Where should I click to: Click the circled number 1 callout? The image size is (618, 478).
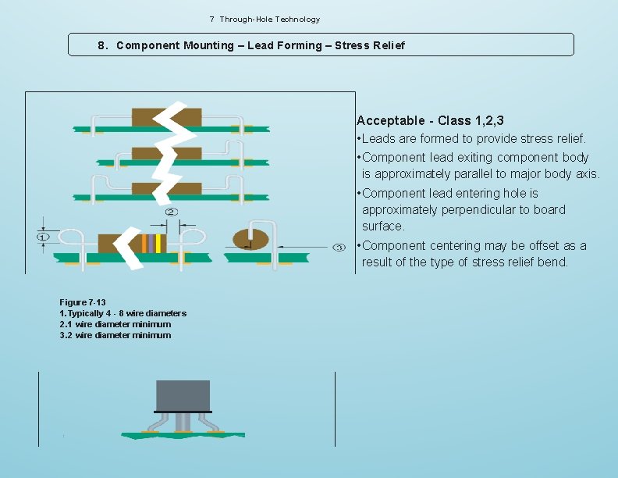click(x=43, y=236)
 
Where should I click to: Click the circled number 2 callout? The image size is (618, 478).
click(x=170, y=212)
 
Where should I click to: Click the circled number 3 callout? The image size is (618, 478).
click(x=339, y=248)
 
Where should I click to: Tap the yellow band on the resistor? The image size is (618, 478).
click(x=158, y=244)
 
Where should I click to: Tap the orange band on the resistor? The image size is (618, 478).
click(x=144, y=244)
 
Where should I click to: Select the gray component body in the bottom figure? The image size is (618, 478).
click(x=183, y=394)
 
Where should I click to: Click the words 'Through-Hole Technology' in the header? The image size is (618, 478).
click(x=269, y=19)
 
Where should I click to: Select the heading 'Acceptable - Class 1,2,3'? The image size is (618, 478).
click(x=430, y=120)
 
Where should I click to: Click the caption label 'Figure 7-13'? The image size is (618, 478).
click(x=83, y=302)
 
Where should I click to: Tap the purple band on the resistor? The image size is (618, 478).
click(x=151, y=244)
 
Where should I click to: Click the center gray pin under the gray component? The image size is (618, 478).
click(x=183, y=422)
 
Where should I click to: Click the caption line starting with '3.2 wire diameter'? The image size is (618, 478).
click(x=115, y=335)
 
